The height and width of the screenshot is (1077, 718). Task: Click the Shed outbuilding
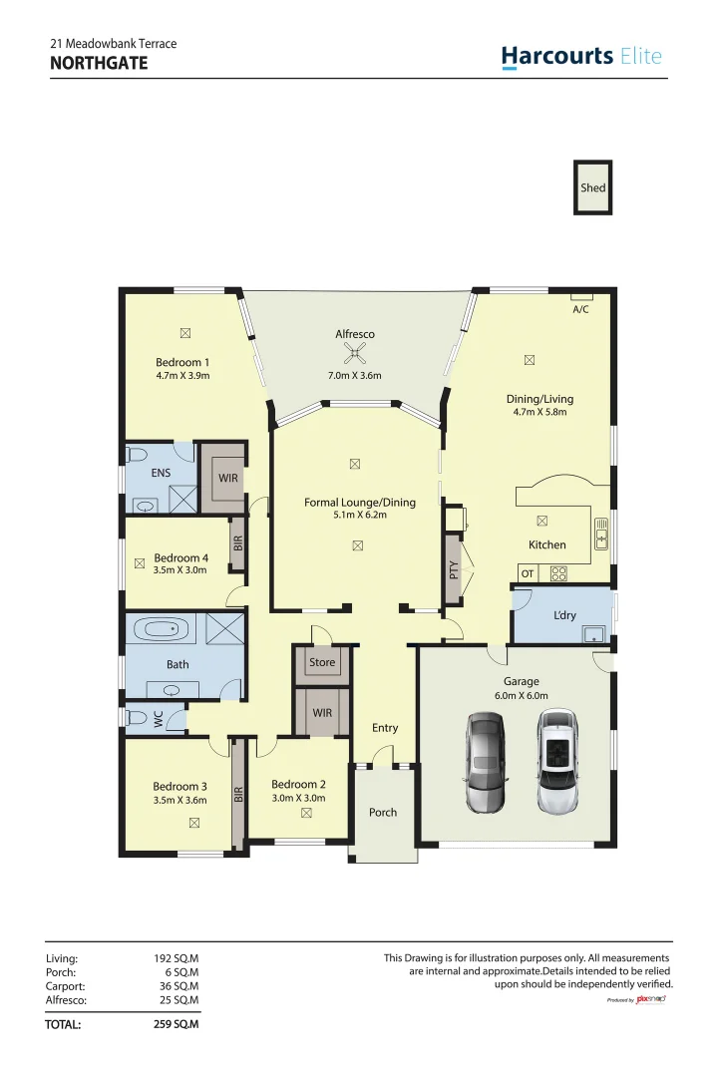592,187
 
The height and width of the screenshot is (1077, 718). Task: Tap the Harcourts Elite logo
581,57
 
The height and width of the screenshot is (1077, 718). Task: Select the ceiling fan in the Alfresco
352,352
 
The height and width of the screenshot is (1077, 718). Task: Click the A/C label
580,309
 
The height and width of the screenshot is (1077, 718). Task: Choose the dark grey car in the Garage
486,762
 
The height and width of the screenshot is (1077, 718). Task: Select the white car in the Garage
556,761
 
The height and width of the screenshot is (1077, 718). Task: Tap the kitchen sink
601,536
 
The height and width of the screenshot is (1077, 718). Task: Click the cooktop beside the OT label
558,573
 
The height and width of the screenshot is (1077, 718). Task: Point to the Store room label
322,662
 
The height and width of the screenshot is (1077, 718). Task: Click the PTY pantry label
454,570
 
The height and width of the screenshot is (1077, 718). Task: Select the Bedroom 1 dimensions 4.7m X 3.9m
182,376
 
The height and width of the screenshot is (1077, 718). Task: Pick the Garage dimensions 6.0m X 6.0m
521,696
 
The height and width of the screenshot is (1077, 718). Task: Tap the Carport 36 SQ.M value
179,985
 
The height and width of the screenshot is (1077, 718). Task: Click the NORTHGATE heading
98,63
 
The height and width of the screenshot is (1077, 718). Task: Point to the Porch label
383,813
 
